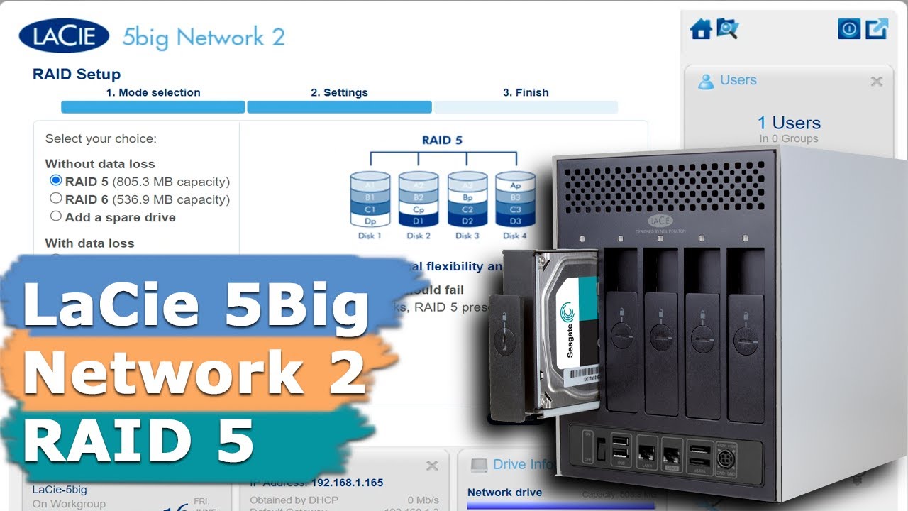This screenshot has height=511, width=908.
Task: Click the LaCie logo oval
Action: coord(64,36)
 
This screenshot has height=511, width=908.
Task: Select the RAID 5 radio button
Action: coord(56,181)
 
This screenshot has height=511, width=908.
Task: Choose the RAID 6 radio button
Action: coord(56,199)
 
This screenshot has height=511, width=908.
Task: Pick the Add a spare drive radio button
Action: coord(56,216)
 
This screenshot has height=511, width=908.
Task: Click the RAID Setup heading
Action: coord(77,75)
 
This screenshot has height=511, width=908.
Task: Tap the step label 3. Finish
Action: coord(526,92)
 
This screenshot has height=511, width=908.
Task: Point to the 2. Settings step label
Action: coord(339,92)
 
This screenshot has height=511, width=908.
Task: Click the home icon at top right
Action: coord(701,29)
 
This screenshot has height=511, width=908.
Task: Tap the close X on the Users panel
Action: coord(877,81)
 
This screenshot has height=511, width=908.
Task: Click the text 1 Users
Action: coord(789,123)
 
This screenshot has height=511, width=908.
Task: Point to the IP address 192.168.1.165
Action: coord(347,483)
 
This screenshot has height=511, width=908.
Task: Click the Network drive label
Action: coord(504,493)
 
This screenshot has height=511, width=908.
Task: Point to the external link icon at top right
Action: coord(877,29)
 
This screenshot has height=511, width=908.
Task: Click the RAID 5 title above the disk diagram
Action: coord(442,140)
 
